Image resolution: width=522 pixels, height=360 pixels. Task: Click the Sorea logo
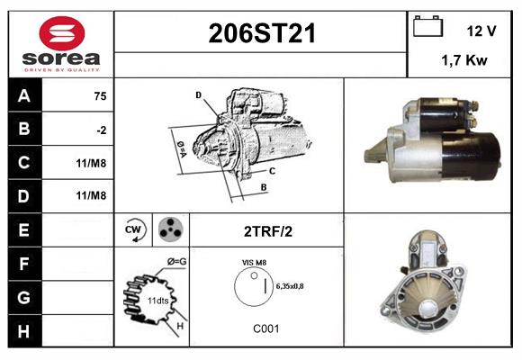(x=60, y=44)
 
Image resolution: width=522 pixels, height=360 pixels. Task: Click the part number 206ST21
(x=261, y=34)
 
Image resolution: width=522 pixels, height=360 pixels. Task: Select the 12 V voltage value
(x=481, y=31)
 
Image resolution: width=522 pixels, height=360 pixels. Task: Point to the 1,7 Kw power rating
(x=464, y=60)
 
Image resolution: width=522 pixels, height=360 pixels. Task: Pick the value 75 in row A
(x=100, y=96)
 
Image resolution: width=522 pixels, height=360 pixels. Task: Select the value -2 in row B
(x=102, y=130)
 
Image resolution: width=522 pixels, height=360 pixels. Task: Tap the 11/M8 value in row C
(x=93, y=163)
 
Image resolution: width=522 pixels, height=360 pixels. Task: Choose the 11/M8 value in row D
(x=93, y=195)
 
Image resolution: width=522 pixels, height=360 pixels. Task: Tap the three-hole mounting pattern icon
(x=169, y=230)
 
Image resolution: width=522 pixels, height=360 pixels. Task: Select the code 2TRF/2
(x=267, y=231)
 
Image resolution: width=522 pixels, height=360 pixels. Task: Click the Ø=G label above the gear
(x=176, y=262)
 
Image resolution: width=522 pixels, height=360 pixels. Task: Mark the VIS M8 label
(x=255, y=262)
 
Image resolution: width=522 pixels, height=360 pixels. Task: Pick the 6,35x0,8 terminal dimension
(x=289, y=286)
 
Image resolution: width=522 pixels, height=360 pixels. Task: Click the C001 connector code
(x=265, y=328)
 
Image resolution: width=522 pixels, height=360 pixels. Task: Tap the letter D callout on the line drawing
(x=198, y=94)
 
